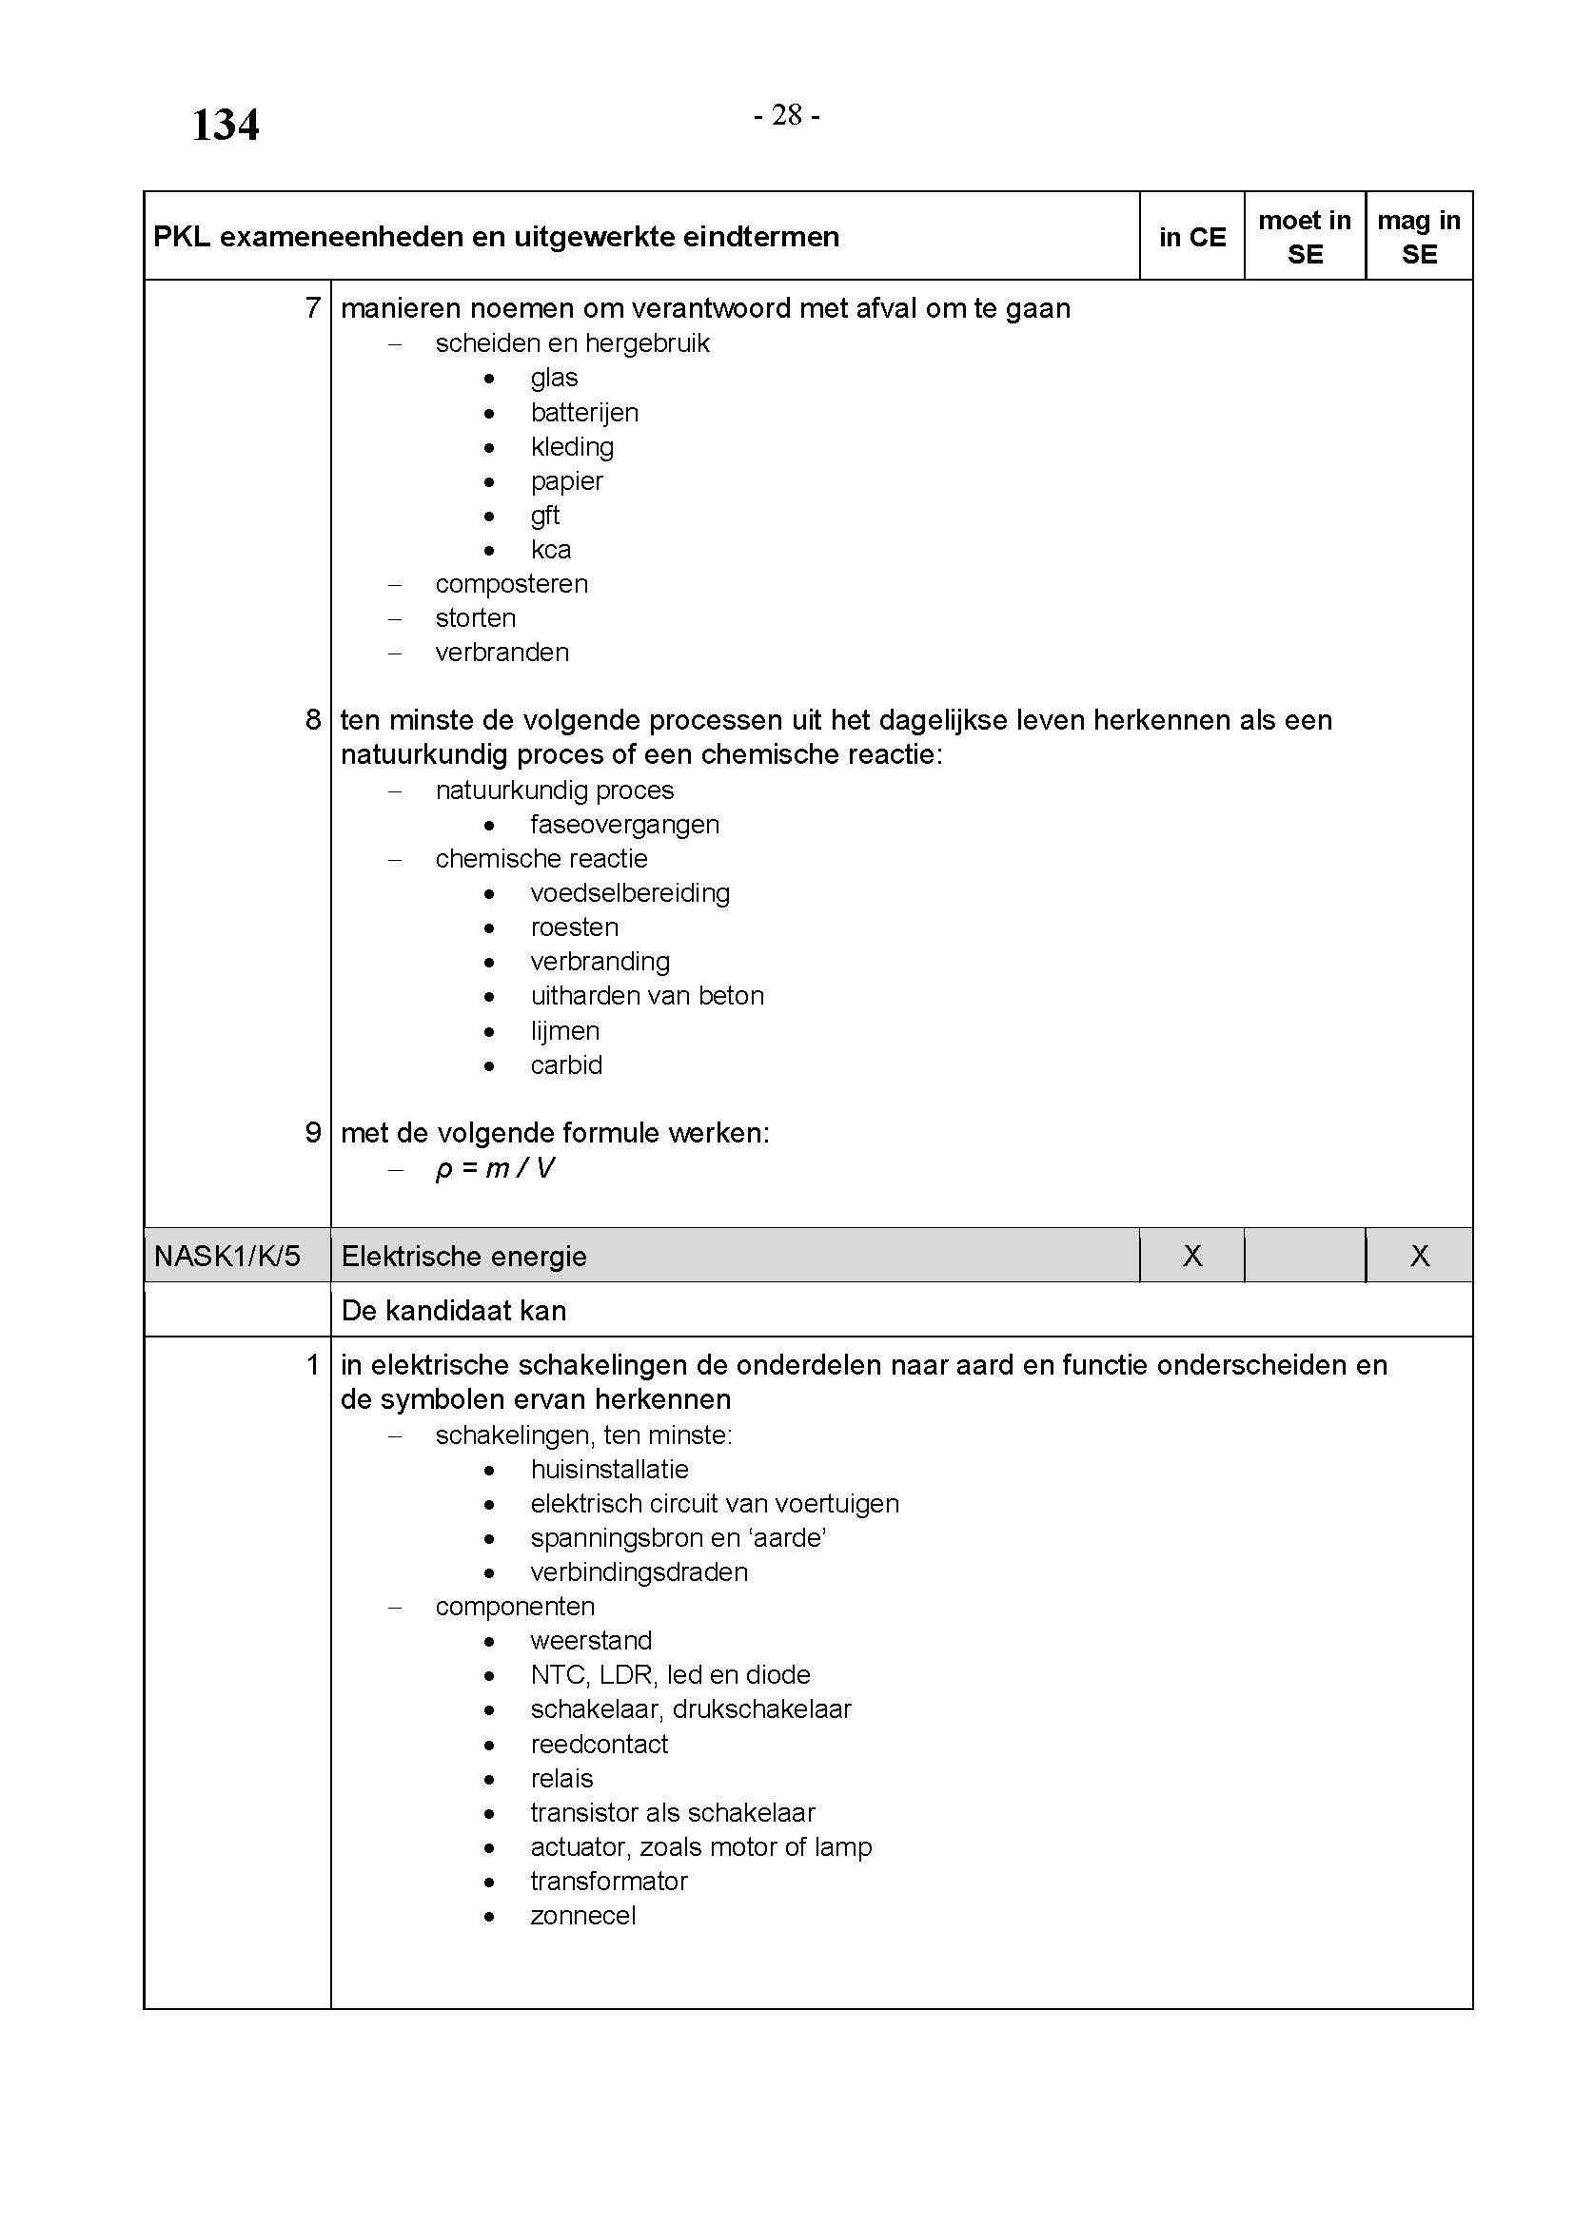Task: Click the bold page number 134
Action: point(225,125)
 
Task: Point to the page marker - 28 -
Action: point(786,115)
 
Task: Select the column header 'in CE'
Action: point(1191,238)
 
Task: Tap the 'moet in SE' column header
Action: point(1304,238)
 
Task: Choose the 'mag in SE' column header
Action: point(1418,238)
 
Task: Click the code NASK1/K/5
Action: point(226,1256)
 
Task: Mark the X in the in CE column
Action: point(1191,1256)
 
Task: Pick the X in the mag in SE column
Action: point(1419,1256)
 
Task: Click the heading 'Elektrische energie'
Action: point(463,1257)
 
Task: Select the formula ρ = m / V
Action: point(494,1169)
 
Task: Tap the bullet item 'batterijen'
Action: point(583,413)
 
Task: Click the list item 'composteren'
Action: point(511,584)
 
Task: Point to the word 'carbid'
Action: point(566,1065)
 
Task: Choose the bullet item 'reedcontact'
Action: point(599,1745)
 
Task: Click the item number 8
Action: point(312,719)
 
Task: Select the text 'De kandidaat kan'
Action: point(453,1311)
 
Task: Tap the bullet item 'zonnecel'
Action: point(582,1916)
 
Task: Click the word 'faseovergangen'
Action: point(624,825)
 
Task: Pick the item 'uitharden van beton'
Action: point(646,996)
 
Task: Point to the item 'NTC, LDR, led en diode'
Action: point(670,1675)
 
